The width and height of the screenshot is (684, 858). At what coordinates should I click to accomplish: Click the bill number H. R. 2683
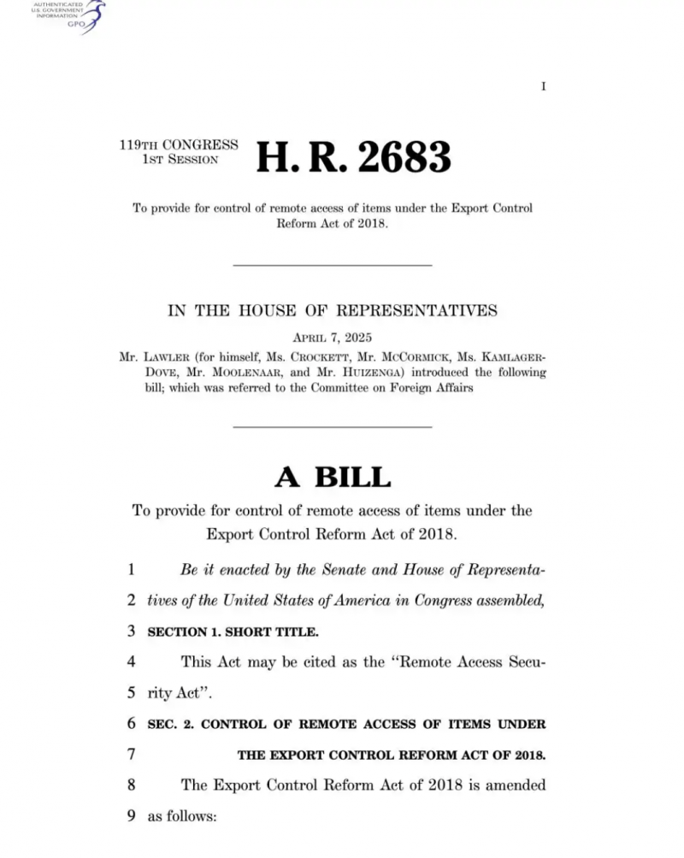pos(353,157)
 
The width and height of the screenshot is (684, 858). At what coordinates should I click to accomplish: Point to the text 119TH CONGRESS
pos(179,145)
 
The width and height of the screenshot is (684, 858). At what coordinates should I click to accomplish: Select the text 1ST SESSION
pos(180,160)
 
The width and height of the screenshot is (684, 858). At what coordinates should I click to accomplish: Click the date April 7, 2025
pos(332,337)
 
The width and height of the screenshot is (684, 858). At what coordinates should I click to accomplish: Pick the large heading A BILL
pos(332,476)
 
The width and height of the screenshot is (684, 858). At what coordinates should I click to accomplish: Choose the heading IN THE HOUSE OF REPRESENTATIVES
pos(332,310)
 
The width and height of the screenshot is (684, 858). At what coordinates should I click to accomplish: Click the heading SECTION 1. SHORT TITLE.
pos(233,632)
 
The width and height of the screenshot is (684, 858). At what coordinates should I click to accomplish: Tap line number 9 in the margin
pos(132,815)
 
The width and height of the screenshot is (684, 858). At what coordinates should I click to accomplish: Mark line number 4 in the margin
pos(132,661)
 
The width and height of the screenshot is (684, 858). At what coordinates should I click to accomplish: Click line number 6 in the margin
pos(132,724)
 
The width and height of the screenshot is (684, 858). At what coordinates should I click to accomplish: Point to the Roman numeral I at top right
pos(543,86)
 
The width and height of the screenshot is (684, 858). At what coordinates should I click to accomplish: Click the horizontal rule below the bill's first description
pos(332,265)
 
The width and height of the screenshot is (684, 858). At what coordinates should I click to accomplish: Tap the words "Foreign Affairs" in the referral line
pos(427,388)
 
